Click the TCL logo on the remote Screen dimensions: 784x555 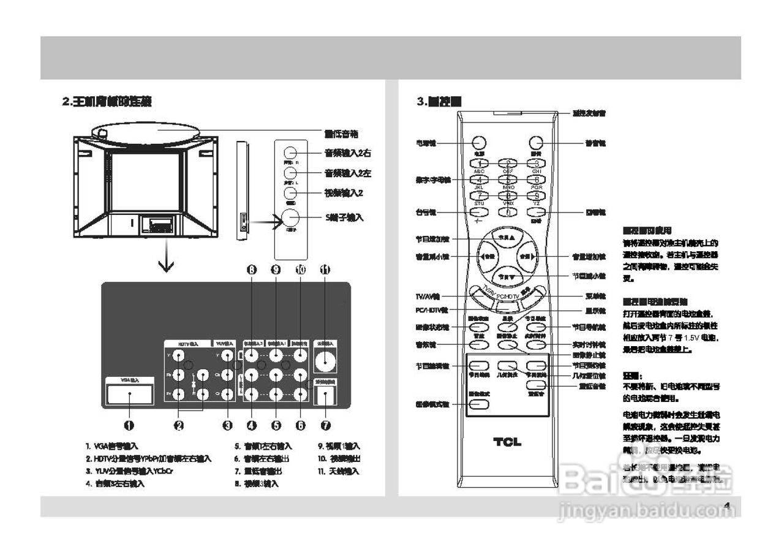pos(507,442)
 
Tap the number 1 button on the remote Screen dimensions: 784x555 pos(480,164)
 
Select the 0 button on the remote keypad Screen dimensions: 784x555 pos(508,213)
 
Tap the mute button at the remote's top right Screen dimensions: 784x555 pos(536,142)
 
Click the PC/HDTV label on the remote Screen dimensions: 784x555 pos(508,296)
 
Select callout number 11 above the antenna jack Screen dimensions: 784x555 pos(325,270)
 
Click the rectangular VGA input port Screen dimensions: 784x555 pos(130,395)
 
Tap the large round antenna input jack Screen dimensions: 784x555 pos(325,360)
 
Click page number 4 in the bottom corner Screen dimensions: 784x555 pos(727,506)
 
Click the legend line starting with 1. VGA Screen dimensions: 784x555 pos(112,447)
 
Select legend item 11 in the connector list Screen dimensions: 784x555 pos(338,471)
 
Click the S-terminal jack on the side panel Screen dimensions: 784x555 pos(290,218)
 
